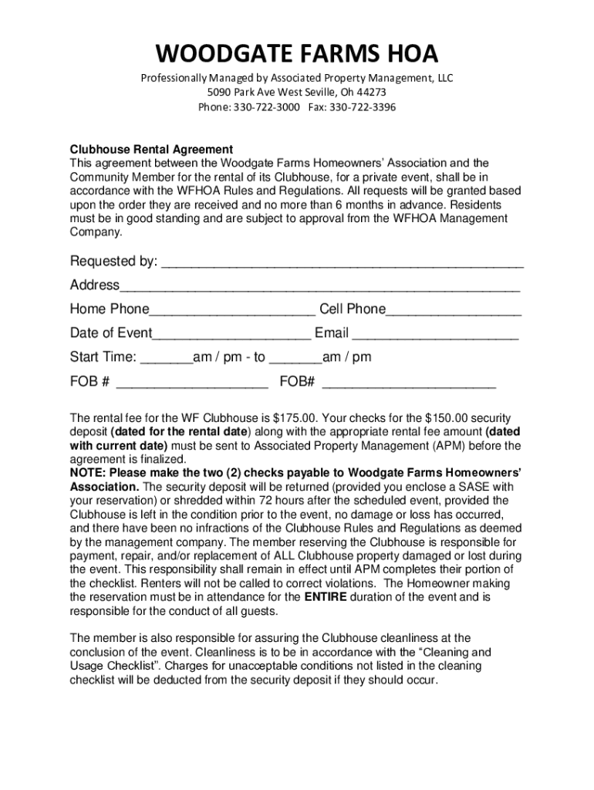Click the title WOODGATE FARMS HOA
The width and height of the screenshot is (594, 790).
pos(297,54)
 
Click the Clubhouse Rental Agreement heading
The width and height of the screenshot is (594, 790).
pos(151,149)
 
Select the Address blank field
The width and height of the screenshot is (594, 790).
pos(320,287)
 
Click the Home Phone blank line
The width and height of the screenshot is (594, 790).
pos(232,311)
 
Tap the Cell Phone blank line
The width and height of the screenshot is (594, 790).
pos(454,311)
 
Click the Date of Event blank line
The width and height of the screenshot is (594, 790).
pos(232,335)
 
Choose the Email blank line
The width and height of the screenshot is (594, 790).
pos(435,335)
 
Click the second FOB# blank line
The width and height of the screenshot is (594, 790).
pos(409,383)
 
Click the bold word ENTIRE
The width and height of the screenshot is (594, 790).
pos(326,597)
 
